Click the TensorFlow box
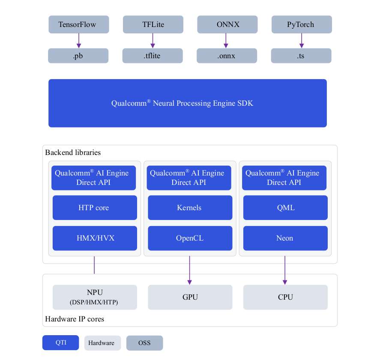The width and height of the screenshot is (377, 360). tap(79, 24)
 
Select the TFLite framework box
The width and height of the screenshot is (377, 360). tap(153, 24)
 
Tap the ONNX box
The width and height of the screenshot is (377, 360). tap(227, 24)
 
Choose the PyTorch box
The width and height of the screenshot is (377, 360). tap(302, 24)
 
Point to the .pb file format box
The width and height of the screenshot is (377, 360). tap(78, 56)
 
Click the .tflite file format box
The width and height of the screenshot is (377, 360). tap(153, 56)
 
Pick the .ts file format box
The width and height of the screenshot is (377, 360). tap(301, 56)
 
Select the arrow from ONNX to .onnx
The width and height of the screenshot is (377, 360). tap(226, 41)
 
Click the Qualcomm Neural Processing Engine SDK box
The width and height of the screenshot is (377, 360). tap(188, 103)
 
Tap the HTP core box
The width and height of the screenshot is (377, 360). tap(95, 208)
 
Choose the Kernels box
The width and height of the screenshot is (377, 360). tap(190, 208)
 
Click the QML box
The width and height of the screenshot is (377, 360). tap(285, 208)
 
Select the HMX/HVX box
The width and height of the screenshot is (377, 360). tap(95, 238)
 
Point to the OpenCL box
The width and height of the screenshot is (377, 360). tap(190, 238)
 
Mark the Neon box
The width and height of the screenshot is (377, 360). tap(285, 238)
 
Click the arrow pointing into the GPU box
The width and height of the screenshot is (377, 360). tap(189, 271)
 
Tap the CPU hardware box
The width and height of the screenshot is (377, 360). tap(285, 297)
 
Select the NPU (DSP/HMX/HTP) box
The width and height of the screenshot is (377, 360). tap(95, 297)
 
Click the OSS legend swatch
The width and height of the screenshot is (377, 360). tap(144, 343)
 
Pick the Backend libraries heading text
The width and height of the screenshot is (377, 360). tap(73, 152)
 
